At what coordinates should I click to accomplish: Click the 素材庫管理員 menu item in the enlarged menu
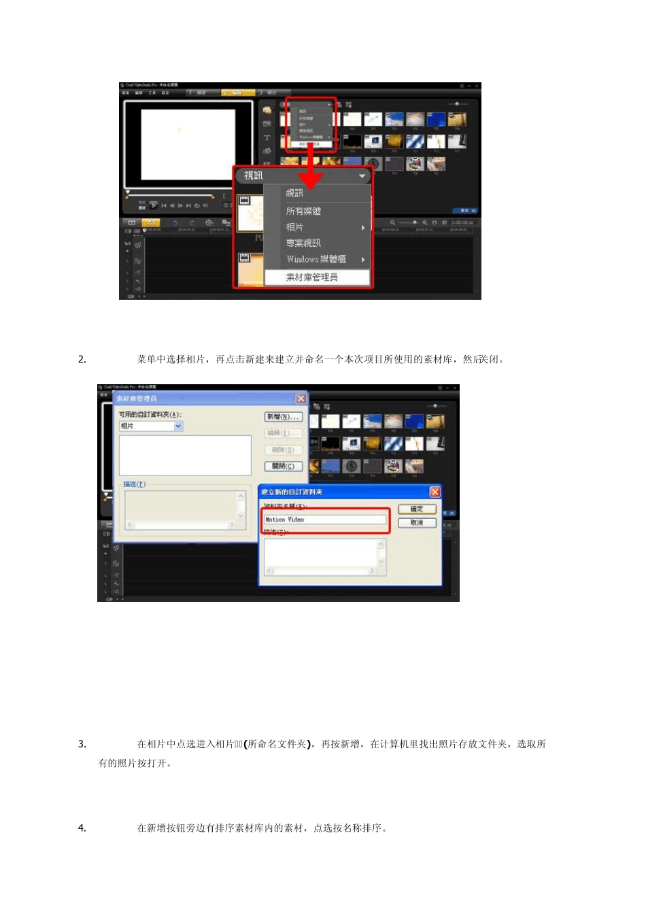pyautogui.click(x=311, y=277)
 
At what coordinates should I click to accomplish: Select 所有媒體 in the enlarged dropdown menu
pyautogui.click(x=303, y=211)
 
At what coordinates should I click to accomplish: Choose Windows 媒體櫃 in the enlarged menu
pyautogui.click(x=316, y=259)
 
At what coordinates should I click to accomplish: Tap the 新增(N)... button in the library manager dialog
pyautogui.click(x=283, y=417)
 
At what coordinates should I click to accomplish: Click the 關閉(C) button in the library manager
pyautogui.click(x=283, y=467)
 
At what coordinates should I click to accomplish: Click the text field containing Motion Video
pyautogui.click(x=325, y=520)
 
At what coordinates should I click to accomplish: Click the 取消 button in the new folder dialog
pyautogui.click(x=417, y=523)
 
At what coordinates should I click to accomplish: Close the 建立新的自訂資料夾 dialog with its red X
pyautogui.click(x=435, y=492)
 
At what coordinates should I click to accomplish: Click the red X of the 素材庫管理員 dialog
pyautogui.click(x=301, y=399)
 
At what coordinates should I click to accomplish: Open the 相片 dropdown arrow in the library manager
pyautogui.click(x=178, y=426)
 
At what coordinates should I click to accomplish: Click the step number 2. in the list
pyautogui.click(x=82, y=360)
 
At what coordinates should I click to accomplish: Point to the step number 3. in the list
pyautogui.click(x=82, y=744)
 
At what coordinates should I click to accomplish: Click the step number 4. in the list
pyautogui.click(x=82, y=828)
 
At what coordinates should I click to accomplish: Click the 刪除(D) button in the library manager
pyautogui.click(x=283, y=450)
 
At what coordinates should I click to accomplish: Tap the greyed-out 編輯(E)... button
pyautogui.click(x=283, y=433)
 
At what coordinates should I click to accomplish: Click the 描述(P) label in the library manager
pyautogui.click(x=134, y=484)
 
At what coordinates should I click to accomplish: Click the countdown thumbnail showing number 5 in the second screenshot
pyautogui.click(x=351, y=467)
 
